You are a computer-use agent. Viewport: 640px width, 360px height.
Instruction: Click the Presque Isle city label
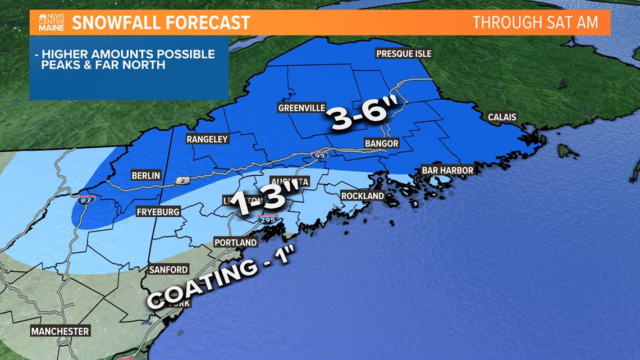(403, 54)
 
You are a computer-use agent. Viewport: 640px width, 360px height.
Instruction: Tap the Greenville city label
(301, 108)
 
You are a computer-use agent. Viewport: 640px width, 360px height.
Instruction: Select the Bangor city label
(381, 144)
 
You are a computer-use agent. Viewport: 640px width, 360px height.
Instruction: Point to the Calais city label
(501, 117)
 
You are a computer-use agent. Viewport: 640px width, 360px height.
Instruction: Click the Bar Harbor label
(447, 170)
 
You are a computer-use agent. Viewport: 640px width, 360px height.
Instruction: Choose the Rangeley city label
(208, 139)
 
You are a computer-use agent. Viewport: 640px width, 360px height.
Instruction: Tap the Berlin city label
(145, 176)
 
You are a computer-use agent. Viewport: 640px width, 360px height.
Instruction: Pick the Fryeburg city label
(158, 212)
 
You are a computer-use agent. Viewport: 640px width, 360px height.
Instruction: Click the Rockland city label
(363, 196)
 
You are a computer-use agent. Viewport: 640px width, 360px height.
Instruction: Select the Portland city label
(235, 243)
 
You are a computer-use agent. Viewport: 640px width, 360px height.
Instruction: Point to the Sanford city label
(168, 270)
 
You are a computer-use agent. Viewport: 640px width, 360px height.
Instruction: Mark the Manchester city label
(60, 331)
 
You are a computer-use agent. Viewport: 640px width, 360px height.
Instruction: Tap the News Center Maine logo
(51, 22)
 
